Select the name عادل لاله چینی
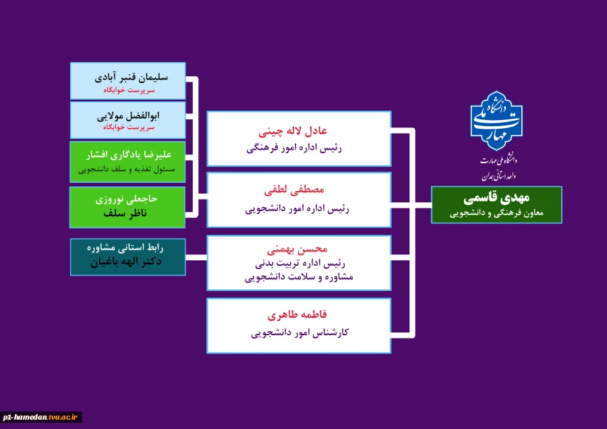pos(299,130)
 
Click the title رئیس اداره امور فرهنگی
pos(299,148)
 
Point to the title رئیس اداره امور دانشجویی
pos(299,209)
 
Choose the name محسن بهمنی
pos(299,250)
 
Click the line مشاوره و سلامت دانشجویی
pos(299,277)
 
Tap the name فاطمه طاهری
pos(299,314)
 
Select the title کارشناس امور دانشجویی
pos(299,333)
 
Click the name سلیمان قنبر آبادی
pos(127,77)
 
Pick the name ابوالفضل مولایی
pos(127,115)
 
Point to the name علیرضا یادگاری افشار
pos(127,155)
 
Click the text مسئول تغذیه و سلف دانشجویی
pos(127,170)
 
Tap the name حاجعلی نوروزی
pos(127,200)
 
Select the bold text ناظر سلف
pos(127,213)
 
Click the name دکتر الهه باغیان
pos(127,262)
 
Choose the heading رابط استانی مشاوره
pos(127,248)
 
